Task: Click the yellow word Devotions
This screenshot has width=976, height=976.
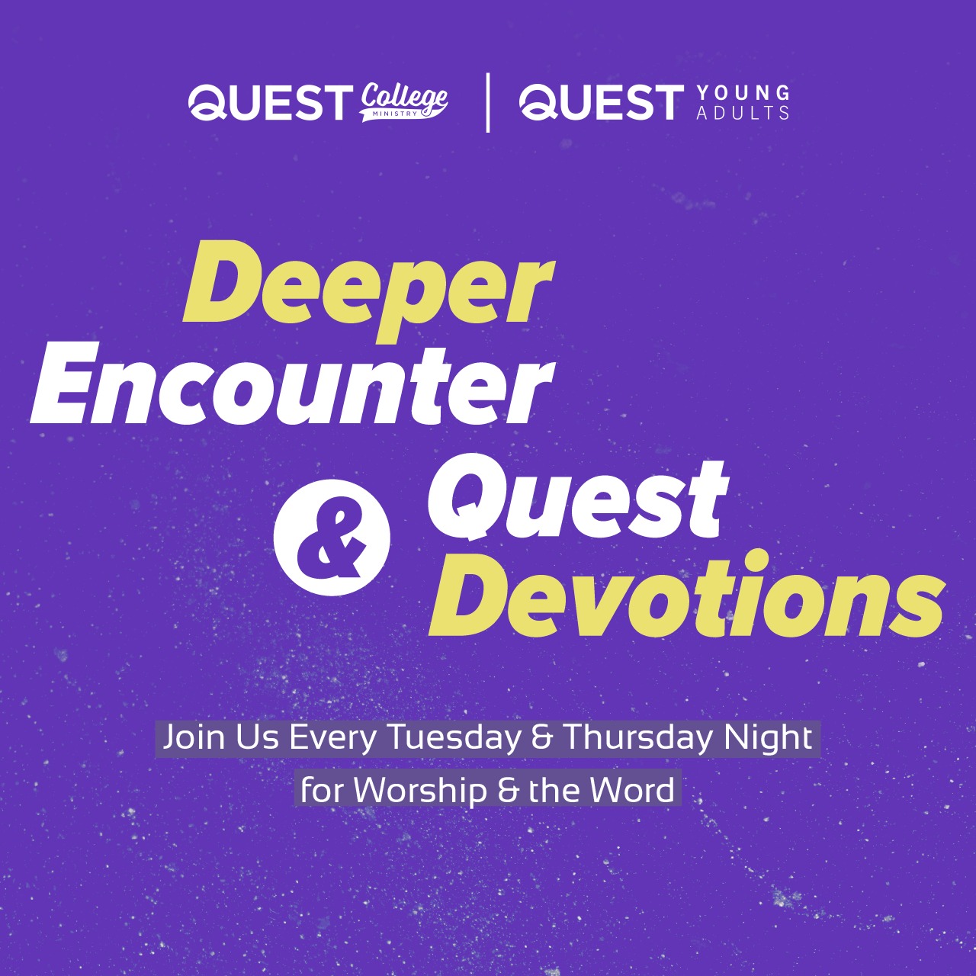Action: (685, 594)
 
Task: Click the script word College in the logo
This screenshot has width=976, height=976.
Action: (403, 98)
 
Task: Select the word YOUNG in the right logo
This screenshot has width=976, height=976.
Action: (743, 93)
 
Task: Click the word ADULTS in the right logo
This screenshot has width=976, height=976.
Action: (743, 112)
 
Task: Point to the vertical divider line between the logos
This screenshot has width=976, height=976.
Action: (488, 103)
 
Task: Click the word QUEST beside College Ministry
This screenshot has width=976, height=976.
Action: (271, 102)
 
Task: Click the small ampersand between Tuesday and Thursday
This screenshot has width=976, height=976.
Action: (542, 738)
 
